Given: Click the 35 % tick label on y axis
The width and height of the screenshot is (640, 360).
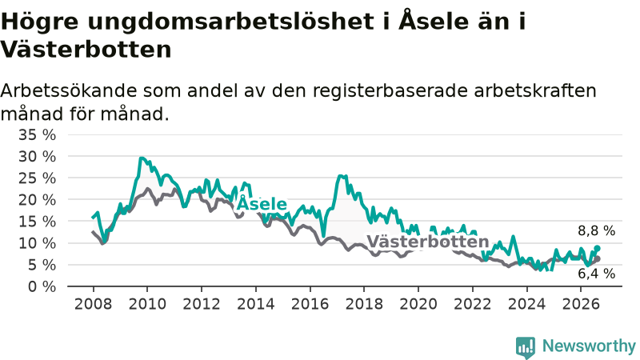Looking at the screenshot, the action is click(x=37, y=134).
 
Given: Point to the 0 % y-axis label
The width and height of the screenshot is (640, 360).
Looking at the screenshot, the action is click(x=42, y=286).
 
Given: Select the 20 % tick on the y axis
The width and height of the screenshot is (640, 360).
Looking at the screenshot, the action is click(x=37, y=200).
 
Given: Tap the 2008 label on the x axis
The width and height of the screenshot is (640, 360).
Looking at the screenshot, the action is click(x=93, y=304).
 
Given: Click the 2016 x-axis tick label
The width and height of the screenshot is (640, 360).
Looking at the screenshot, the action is click(x=310, y=304).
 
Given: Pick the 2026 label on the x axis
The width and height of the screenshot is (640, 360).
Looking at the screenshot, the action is click(x=581, y=304).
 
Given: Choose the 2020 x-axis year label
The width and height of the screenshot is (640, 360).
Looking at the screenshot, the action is click(x=418, y=304).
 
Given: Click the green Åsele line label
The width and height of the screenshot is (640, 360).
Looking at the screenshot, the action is click(x=262, y=203).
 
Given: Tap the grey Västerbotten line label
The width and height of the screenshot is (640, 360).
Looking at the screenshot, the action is click(x=428, y=242).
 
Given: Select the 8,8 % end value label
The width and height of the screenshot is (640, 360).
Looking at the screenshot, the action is click(x=596, y=231).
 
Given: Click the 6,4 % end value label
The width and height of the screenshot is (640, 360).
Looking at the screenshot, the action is click(x=596, y=274).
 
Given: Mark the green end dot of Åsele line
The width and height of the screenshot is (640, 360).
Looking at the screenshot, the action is click(x=597, y=248).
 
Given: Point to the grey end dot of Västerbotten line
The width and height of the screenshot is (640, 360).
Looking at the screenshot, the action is click(x=598, y=258).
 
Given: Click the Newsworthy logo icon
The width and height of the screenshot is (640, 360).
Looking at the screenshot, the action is click(x=526, y=347).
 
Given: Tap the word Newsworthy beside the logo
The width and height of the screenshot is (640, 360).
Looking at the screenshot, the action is click(x=589, y=346).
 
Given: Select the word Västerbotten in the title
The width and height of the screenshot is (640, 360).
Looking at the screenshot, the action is click(x=86, y=50).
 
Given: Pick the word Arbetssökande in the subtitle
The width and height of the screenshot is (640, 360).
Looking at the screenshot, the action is click(x=68, y=90).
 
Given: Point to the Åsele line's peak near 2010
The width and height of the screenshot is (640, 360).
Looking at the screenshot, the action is click(x=141, y=158).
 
